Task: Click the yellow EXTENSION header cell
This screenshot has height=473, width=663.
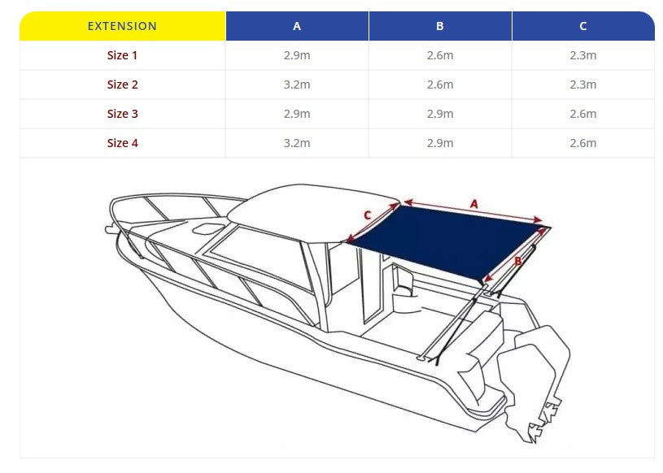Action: (122, 26)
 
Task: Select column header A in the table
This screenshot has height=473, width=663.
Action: (297, 26)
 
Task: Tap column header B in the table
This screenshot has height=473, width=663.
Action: (440, 26)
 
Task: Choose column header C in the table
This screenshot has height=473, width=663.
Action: (583, 26)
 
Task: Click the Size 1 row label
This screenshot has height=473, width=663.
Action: (122, 55)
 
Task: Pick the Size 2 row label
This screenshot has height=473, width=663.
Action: (122, 85)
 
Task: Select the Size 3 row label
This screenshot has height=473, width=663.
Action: (122, 114)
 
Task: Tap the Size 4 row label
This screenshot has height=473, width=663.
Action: (122, 143)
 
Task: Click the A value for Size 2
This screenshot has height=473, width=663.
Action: (297, 85)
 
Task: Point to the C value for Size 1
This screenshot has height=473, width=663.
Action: (583, 55)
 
